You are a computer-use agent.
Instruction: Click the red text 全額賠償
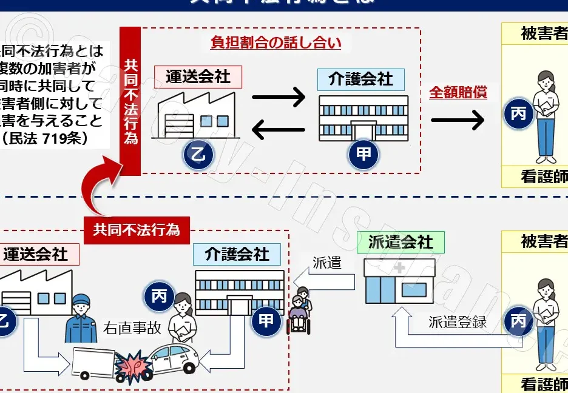(x=458, y=93)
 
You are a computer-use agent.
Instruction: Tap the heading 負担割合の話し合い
(x=276, y=42)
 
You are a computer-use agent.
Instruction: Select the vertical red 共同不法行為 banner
(x=130, y=101)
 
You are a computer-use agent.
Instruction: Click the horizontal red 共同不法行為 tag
(x=137, y=230)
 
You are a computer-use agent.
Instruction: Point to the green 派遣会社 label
(x=401, y=243)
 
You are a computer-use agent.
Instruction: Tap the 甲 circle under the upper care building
(x=363, y=154)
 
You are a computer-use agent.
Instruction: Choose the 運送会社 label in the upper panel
(x=198, y=77)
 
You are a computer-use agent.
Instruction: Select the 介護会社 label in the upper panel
(x=360, y=79)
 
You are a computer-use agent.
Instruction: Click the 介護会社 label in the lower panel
(x=237, y=254)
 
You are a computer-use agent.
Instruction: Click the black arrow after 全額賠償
(x=458, y=120)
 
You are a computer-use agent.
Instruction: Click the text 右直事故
(x=132, y=327)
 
